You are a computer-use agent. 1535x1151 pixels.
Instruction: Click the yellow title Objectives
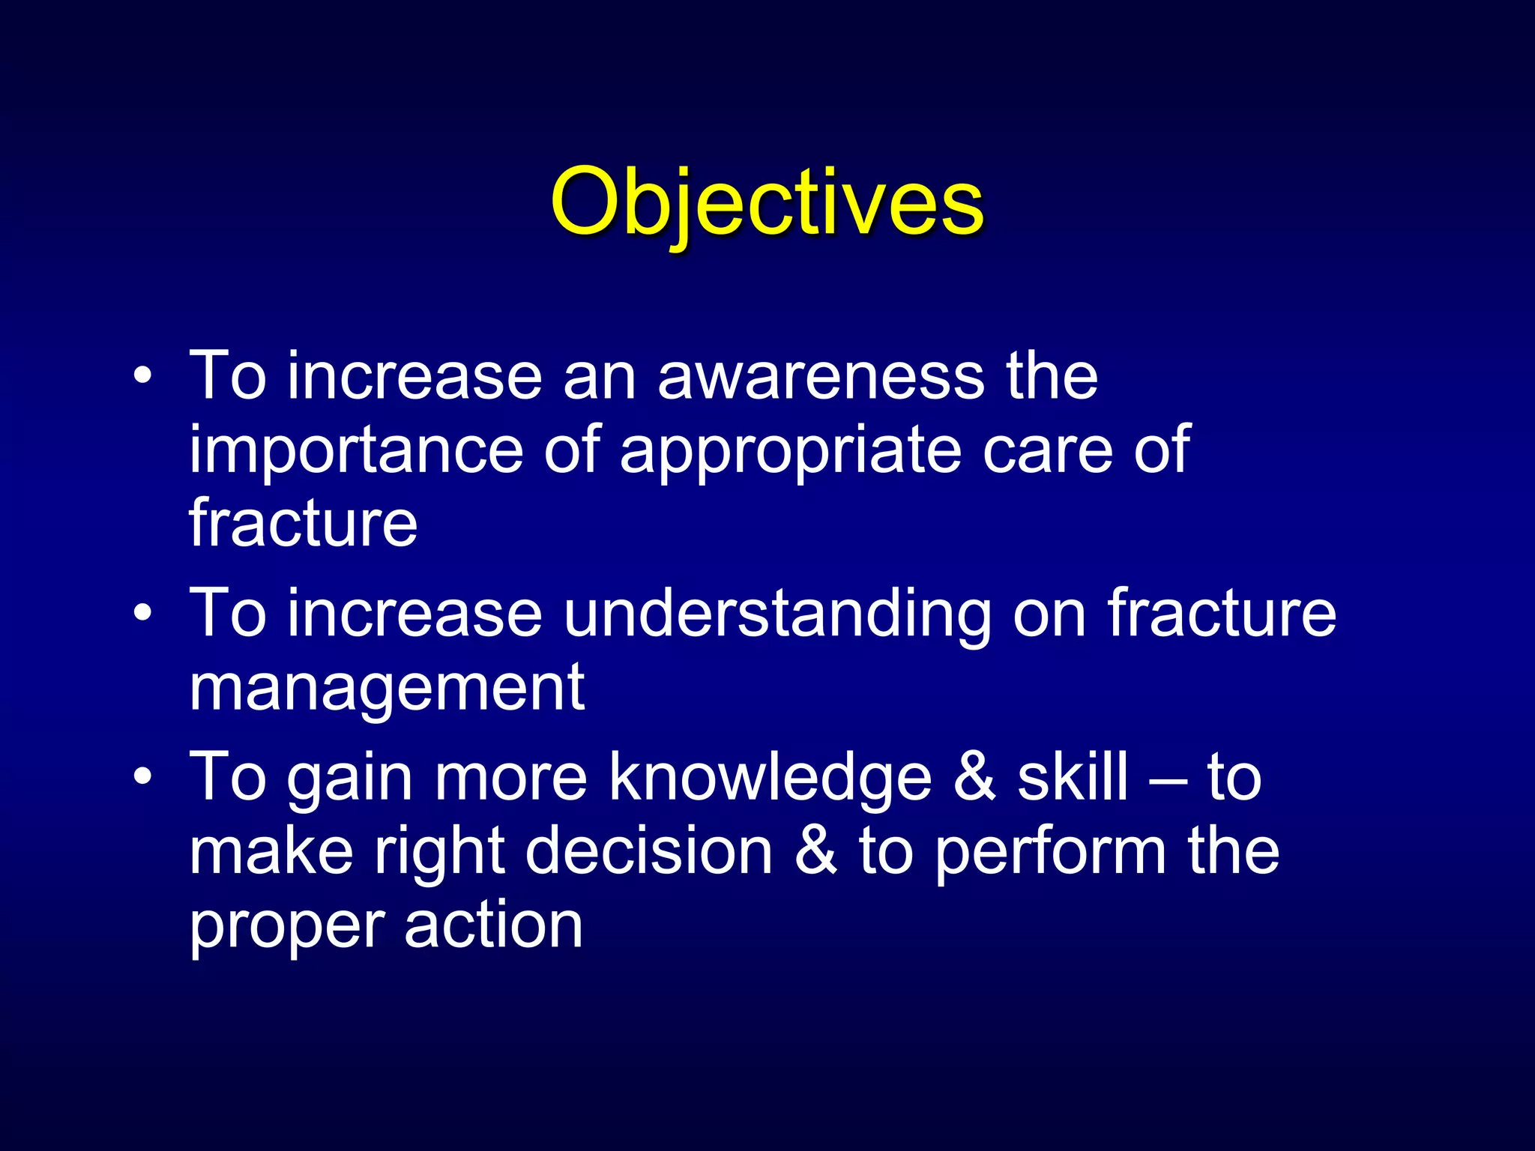(x=766, y=202)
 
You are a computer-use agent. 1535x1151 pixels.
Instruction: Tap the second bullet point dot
(x=143, y=613)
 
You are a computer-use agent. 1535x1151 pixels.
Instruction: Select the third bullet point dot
(x=143, y=776)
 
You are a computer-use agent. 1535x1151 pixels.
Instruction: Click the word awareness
(x=821, y=376)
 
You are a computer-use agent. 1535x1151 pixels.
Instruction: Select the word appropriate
(x=791, y=452)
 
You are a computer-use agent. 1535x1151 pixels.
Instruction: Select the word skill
(x=1072, y=776)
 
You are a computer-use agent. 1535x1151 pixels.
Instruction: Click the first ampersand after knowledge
(x=974, y=777)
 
